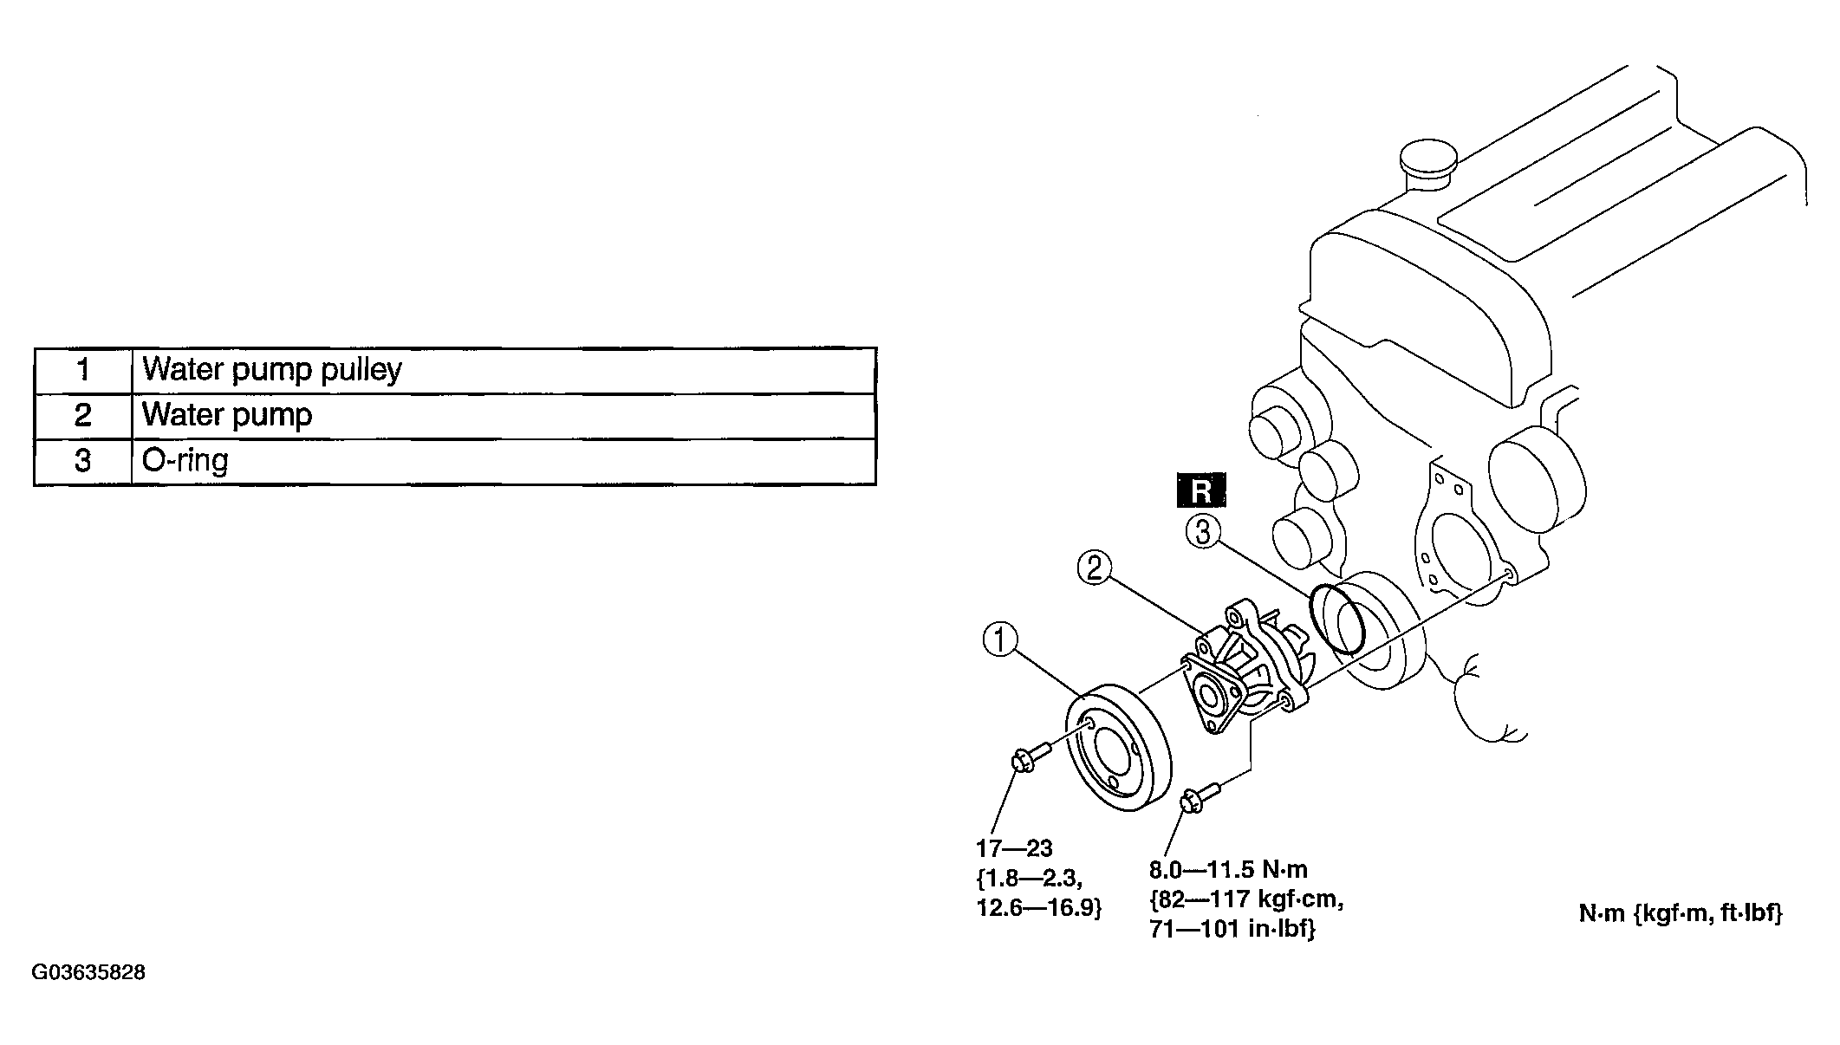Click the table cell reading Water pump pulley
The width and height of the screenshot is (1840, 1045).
504,371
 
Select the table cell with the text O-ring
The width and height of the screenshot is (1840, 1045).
504,461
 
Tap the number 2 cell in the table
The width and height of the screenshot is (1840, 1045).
83,416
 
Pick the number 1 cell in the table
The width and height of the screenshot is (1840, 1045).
83,371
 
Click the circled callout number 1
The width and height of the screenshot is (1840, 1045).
999,642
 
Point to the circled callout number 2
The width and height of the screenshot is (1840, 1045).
1094,568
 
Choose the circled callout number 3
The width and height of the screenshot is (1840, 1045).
1203,531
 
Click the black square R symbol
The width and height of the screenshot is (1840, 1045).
1201,490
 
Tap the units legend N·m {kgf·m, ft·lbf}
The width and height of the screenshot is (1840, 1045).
1681,913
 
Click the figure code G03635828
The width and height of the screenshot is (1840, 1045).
89,972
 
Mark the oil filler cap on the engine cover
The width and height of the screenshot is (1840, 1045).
1427,164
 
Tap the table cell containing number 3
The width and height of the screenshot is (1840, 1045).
83,461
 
